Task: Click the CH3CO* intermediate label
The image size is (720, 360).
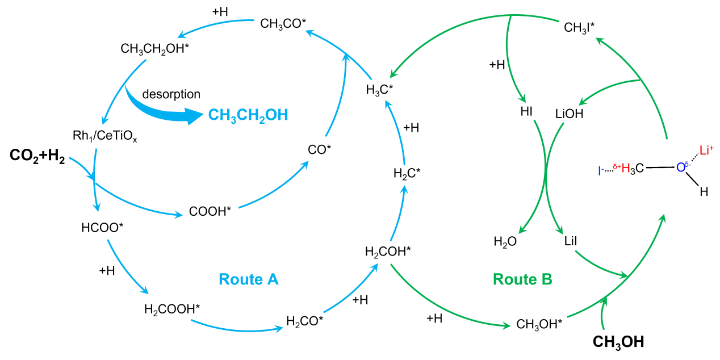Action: (283, 23)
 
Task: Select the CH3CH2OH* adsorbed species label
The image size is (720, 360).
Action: (155, 49)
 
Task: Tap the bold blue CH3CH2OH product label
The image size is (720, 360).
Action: (248, 115)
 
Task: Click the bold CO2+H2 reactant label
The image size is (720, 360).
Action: (37, 156)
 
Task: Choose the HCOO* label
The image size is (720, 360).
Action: (102, 228)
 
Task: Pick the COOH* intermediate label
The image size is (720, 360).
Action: (210, 212)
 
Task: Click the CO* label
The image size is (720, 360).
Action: (320, 149)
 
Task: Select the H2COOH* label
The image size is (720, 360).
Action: (172, 309)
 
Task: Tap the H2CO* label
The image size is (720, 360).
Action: (305, 321)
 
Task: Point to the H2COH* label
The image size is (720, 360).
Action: (388, 251)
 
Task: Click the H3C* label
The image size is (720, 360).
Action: (379, 90)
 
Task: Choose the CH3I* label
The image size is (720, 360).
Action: (579, 27)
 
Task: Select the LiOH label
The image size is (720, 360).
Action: (569, 114)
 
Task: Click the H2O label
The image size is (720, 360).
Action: (505, 242)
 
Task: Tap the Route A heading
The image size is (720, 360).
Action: (249, 279)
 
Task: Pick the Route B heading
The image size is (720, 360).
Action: (522, 279)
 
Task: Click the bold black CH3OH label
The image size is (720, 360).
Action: (618, 342)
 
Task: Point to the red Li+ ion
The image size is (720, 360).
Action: (706, 150)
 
